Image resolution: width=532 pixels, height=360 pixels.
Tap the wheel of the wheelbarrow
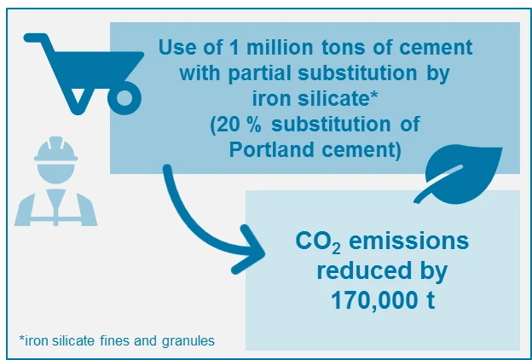(125, 99)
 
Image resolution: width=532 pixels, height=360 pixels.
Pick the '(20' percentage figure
(228, 125)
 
